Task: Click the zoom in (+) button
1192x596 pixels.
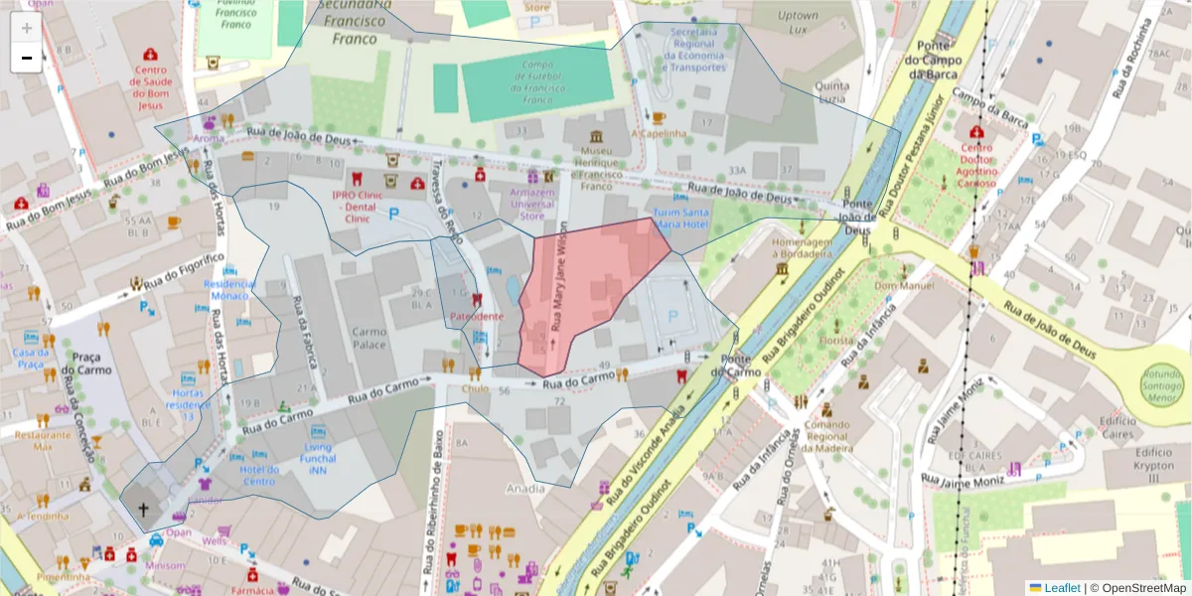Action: click(26, 28)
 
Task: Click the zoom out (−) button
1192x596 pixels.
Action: click(26, 58)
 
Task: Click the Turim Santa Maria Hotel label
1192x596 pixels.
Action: click(680, 219)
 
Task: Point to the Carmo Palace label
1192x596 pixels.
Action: click(370, 339)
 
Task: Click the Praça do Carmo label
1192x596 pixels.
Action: click(86, 363)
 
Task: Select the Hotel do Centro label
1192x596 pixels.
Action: click(259, 475)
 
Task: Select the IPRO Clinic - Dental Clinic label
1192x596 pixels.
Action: click(357, 207)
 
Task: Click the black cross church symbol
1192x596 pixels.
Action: click(142, 511)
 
